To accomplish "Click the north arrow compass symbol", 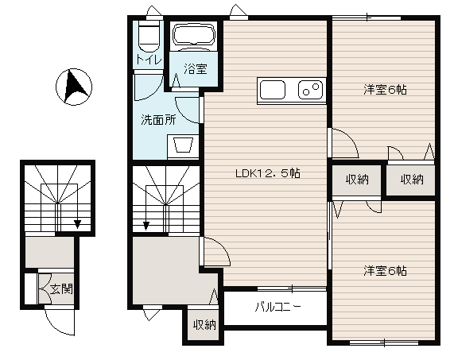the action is coord(74,87).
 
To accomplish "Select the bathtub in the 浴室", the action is coord(194,34).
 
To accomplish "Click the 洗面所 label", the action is coord(158,120).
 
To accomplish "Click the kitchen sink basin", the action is coord(272,90).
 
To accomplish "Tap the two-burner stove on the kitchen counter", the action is coord(310,90).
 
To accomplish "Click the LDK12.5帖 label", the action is coord(267,173).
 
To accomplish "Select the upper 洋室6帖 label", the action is coord(385,90).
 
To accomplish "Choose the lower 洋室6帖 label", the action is coord(385,270).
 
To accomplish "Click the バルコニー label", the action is coord(278,307).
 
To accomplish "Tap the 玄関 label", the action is coord(61,288).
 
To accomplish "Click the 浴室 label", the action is coord(196,69).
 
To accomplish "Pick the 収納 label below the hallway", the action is coord(204,325).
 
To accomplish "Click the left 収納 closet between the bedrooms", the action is coord(357,180).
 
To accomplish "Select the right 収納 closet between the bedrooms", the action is coord(411,180).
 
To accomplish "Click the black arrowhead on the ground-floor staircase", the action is coord(77,224).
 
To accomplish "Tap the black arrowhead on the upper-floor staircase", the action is coord(146,225).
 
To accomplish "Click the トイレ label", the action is coord(149,60).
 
